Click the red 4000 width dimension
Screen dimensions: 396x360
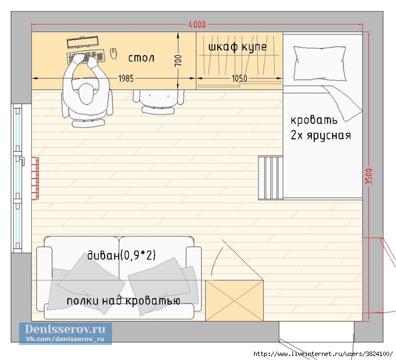tap(197, 24)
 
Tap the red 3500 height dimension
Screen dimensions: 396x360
tap(369, 177)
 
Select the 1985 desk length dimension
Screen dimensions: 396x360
tap(126, 78)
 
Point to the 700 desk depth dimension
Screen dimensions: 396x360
tap(178, 61)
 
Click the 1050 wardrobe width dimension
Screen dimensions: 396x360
tap(239, 78)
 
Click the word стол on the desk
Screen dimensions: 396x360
tap(141, 58)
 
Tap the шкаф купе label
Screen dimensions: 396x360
tap(238, 47)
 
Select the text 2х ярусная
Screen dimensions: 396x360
tap(321, 135)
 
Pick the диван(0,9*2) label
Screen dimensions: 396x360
tap(122, 255)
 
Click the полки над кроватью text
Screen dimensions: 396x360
tap(123, 301)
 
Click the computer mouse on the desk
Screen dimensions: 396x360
tap(114, 54)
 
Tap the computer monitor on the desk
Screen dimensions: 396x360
tap(83, 42)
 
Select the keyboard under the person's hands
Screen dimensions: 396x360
tap(85, 58)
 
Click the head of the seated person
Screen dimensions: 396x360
tap(86, 94)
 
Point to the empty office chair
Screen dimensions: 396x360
tap(158, 101)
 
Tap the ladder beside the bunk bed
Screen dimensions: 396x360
tap(270, 178)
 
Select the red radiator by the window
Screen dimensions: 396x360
tap(35, 178)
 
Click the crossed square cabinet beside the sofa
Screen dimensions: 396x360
tap(234, 301)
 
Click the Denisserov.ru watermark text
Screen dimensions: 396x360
tap(65, 329)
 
